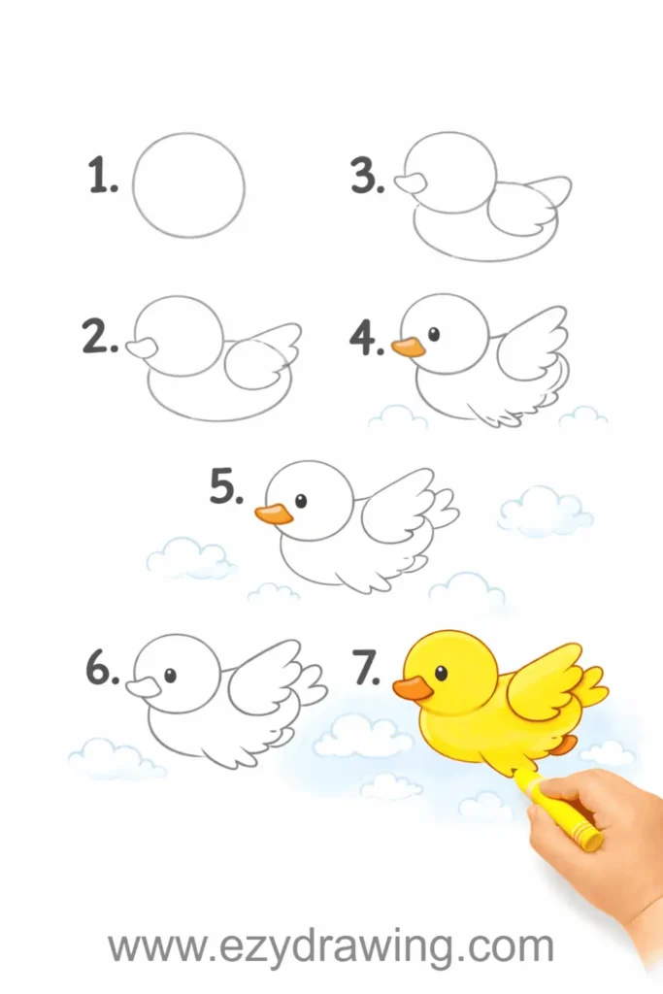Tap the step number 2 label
coord(100,336)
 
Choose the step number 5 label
coord(226,487)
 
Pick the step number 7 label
coord(367,669)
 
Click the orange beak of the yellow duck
coord(412,688)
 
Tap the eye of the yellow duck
coord(441,674)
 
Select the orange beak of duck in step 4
coord(409,347)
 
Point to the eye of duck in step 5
coord(301,501)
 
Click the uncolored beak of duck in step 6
coord(144,686)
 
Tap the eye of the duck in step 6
coord(170,675)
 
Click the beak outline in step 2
coord(142,347)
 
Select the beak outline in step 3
coord(411,183)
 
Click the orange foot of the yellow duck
coord(563,745)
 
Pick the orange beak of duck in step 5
coord(275,514)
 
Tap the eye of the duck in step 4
coord(434,333)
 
